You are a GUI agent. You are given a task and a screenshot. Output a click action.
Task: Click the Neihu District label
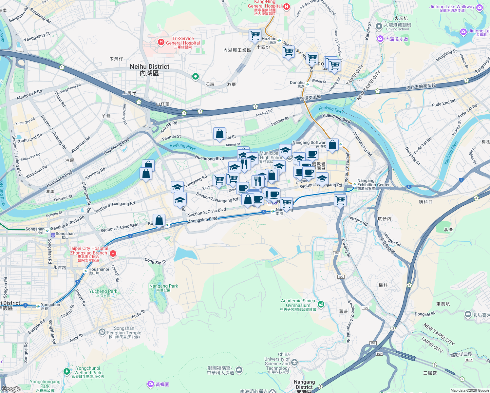point(149,69)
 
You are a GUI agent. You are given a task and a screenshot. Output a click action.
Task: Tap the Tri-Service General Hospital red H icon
point(161,42)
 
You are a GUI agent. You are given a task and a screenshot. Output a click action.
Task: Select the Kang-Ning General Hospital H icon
point(287,7)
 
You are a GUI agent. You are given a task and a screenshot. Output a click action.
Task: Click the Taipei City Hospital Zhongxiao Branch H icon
point(113,253)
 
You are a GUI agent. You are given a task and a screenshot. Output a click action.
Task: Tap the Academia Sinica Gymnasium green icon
point(321,304)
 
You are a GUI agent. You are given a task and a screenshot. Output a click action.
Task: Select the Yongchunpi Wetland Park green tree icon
point(67,371)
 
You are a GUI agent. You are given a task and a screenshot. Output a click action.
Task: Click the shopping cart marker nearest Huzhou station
point(255,35)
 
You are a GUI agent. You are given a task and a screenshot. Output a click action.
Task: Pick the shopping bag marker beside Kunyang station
point(159,220)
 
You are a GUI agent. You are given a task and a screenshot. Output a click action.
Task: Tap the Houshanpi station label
point(98,269)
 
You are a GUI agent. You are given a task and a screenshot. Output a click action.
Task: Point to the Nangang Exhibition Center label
point(373,182)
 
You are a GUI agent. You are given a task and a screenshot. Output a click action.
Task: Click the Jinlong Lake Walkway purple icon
point(480,8)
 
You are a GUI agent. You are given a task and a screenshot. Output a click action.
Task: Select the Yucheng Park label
point(103,291)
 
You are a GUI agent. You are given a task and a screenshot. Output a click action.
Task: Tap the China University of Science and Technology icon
point(294,362)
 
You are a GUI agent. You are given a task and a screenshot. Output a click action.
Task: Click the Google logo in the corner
point(11,389)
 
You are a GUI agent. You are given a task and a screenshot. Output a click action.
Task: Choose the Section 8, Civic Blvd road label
point(207,212)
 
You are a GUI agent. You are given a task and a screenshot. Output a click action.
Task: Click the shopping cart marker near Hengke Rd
point(340,200)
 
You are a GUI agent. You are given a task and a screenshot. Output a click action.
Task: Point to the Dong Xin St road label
point(155,261)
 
